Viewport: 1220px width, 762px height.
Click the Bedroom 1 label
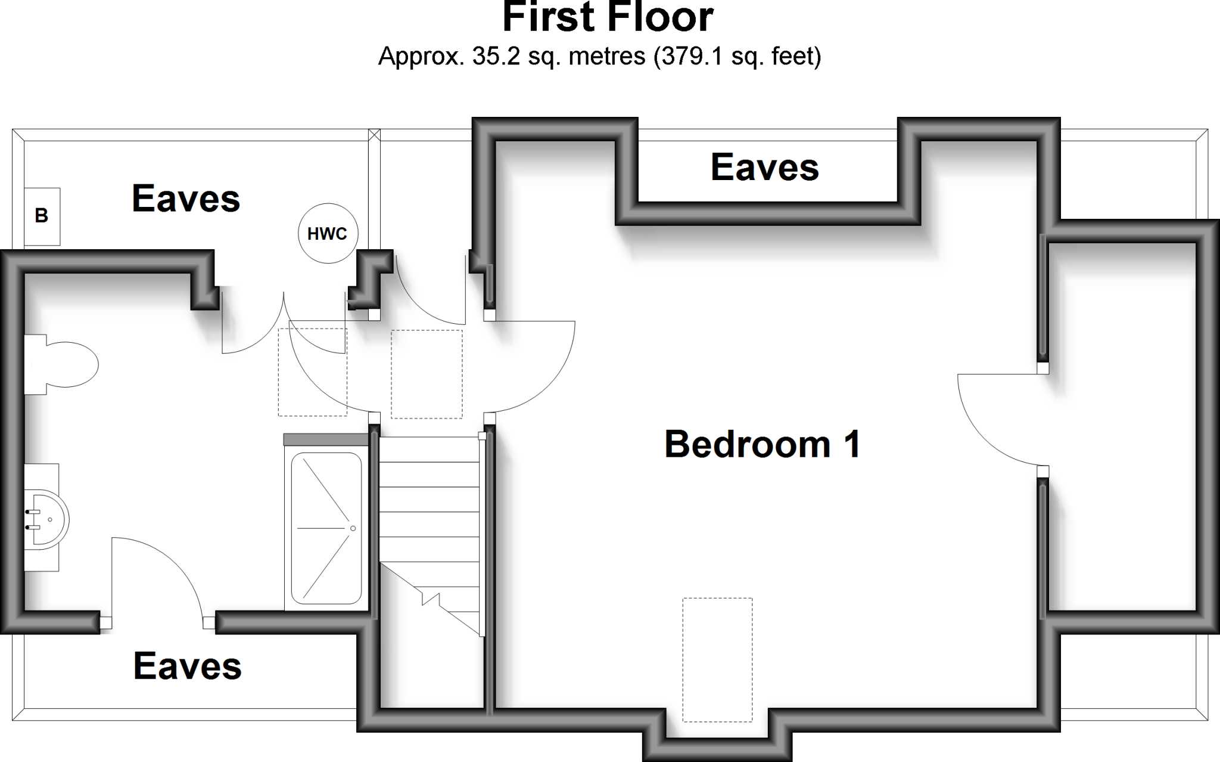pyautogui.click(x=762, y=445)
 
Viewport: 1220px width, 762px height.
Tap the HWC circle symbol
pyautogui.click(x=328, y=234)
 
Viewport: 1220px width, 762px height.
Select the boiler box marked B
pyautogui.click(x=42, y=216)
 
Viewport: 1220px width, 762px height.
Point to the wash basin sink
pyautogui.click(x=48, y=519)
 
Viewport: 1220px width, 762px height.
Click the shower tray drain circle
pyautogui.click(x=353, y=528)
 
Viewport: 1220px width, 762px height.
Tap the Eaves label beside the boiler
pyautogui.click(x=186, y=199)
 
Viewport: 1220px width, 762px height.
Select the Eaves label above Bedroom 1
pyautogui.click(x=765, y=168)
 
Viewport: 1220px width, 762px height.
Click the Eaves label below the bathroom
pyautogui.click(x=188, y=666)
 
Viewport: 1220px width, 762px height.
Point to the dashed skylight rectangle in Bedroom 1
pyautogui.click(x=717, y=659)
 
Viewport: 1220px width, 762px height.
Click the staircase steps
pyautogui.click(x=429, y=501)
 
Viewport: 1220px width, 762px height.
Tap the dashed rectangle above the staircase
pyautogui.click(x=427, y=374)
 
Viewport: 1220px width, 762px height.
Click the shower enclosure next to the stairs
pyautogui.click(x=326, y=528)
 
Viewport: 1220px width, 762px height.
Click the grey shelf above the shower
pyautogui.click(x=326, y=440)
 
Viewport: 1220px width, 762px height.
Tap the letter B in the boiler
pyautogui.click(x=42, y=216)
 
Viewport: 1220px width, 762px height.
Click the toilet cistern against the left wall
pyautogui.click(x=35, y=364)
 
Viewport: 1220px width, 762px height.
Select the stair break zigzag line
pyautogui.click(x=430, y=598)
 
